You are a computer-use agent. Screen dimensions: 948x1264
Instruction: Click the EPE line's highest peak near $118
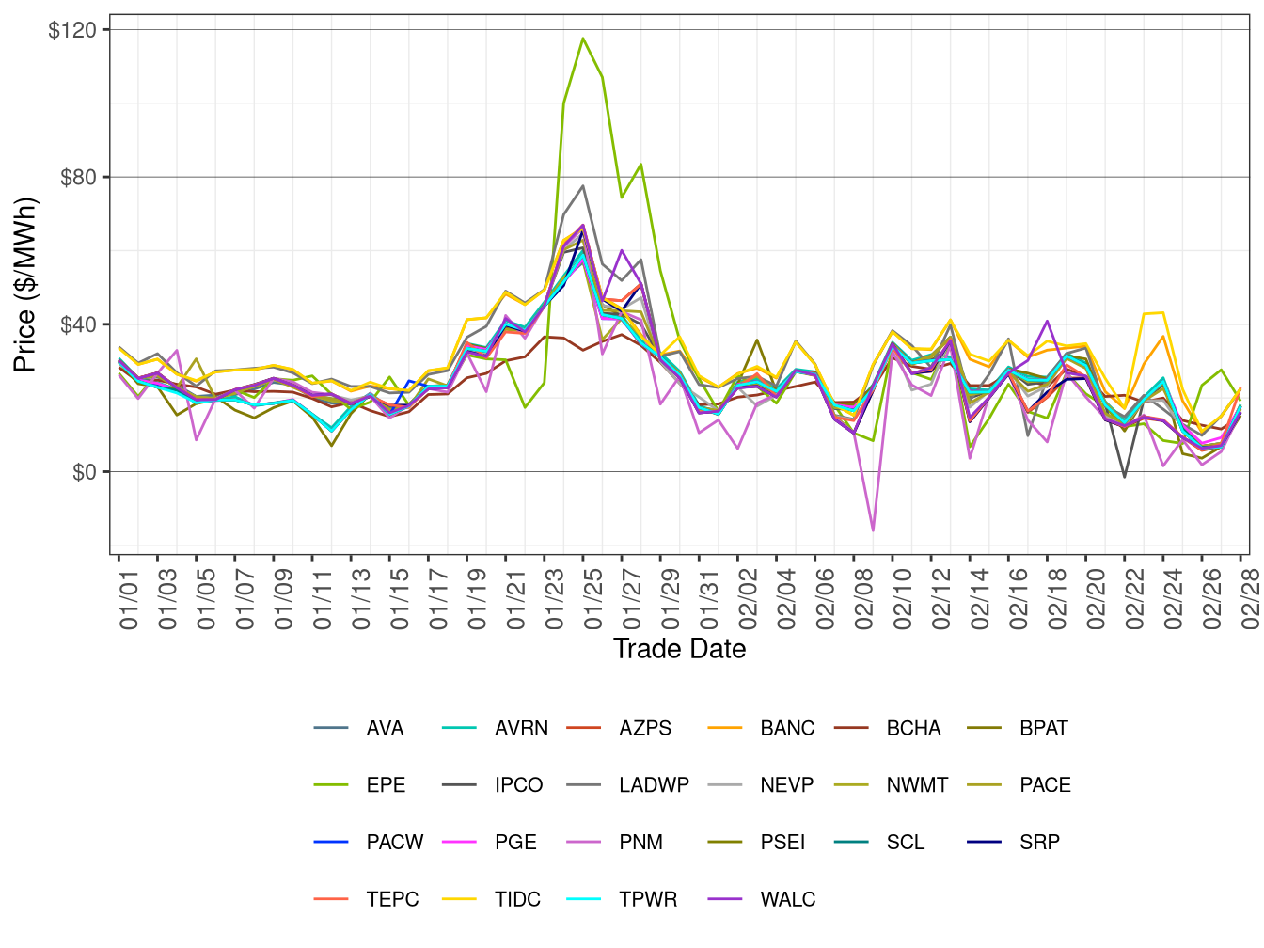tap(583, 39)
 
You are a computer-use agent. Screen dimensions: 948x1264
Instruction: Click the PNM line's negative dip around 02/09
tap(873, 530)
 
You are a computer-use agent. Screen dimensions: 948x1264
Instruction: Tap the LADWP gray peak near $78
tap(583, 186)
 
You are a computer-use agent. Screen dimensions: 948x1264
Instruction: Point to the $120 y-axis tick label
tap(72, 30)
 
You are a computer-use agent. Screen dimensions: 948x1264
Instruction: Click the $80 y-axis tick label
tap(78, 178)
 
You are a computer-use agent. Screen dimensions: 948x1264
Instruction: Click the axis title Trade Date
tap(679, 649)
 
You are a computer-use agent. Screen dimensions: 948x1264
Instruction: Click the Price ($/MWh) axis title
tap(25, 284)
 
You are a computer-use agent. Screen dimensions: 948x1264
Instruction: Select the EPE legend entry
tap(386, 785)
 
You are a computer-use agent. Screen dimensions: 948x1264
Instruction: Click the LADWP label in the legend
tap(654, 785)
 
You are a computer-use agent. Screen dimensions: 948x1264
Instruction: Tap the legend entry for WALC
tap(787, 899)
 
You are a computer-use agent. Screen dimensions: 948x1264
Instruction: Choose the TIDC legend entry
tap(517, 899)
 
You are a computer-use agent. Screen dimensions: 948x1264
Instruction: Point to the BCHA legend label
tap(913, 728)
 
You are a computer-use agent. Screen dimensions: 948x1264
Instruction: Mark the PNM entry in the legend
tap(640, 842)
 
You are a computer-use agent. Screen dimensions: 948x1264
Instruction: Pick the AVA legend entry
tap(385, 728)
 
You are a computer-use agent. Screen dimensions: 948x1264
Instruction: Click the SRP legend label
tap(1039, 842)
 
